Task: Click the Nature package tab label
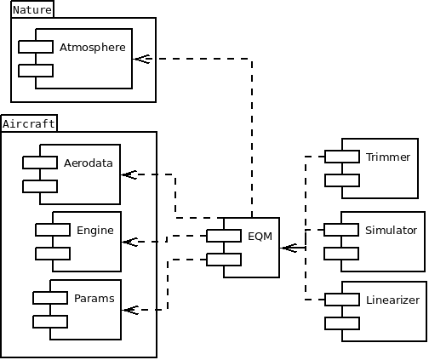coord(32,9)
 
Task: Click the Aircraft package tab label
coord(29,123)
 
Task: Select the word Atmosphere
coord(92,47)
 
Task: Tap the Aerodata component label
coord(88,163)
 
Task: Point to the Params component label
coord(94,299)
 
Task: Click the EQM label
coord(260,236)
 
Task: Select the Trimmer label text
coord(388,157)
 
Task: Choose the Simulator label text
coord(391,230)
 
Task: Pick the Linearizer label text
coord(392,300)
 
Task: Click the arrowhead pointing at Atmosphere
coord(141,59)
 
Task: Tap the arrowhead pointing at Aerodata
coord(129,174)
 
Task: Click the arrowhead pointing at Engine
coord(129,242)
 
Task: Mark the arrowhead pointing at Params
coord(129,310)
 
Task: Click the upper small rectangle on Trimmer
coord(341,156)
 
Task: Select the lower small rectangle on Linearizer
coord(342,323)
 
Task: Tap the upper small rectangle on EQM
coord(224,236)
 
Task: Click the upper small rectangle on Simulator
coord(341,230)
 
